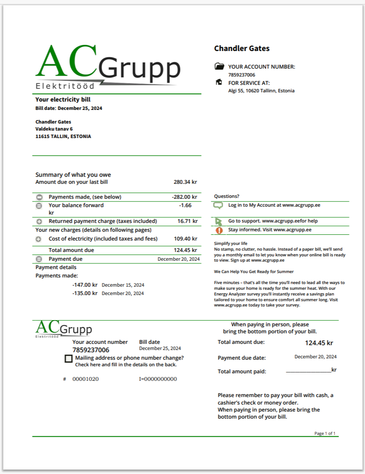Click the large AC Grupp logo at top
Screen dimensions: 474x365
pyautogui.click(x=108, y=67)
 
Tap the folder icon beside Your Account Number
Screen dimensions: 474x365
pyautogui.click(x=219, y=66)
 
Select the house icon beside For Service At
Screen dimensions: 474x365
pyautogui.click(x=219, y=82)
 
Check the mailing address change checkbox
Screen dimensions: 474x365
pyautogui.click(x=68, y=359)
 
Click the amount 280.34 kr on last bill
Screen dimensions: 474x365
pyautogui.click(x=185, y=182)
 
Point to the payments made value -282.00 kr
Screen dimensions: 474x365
pyautogui.click(x=184, y=197)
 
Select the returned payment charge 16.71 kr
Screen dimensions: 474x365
pyautogui.click(x=187, y=221)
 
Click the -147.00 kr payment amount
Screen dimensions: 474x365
pyautogui.click(x=85, y=284)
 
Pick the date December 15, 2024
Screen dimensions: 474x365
pyautogui.click(x=123, y=285)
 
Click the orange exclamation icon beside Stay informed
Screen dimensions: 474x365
pyautogui.click(x=219, y=230)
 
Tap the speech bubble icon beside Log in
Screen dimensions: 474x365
pyautogui.click(x=218, y=205)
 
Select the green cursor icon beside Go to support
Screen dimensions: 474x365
pyautogui.click(x=219, y=221)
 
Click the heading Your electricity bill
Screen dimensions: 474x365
pyautogui.click(x=63, y=99)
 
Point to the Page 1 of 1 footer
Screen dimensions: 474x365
pyautogui.click(x=324, y=434)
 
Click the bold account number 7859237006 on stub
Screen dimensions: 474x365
pyautogui.click(x=91, y=350)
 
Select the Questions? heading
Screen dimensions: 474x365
pyautogui.click(x=226, y=196)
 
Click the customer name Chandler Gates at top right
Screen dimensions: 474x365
pyautogui.click(x=242, y=48)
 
